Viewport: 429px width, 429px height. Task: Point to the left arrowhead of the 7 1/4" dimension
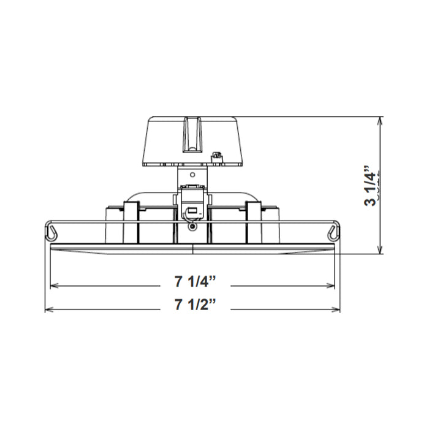click(55, 285)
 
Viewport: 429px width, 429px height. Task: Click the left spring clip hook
click(52, 232)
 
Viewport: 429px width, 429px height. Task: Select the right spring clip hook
click(333, 232)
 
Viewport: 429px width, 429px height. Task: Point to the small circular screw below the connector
click(193, 227)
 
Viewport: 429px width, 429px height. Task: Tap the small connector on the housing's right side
click(216, 158)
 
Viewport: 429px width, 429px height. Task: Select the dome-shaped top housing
click(192, 141)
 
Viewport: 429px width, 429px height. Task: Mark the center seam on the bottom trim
click(192, 248)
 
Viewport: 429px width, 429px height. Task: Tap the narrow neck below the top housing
click(192, 177)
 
